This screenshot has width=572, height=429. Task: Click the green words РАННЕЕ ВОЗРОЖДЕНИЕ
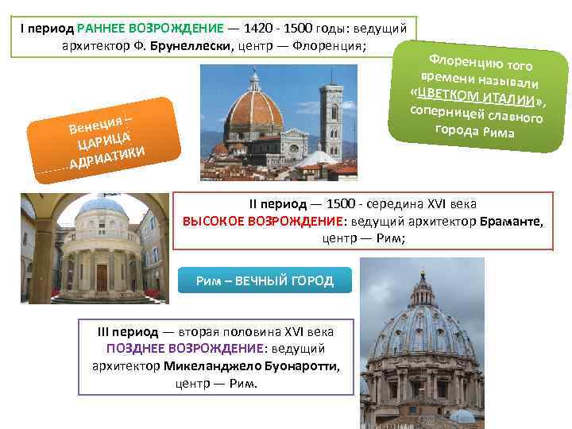151,26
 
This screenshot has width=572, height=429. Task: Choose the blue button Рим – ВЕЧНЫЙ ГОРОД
265,281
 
